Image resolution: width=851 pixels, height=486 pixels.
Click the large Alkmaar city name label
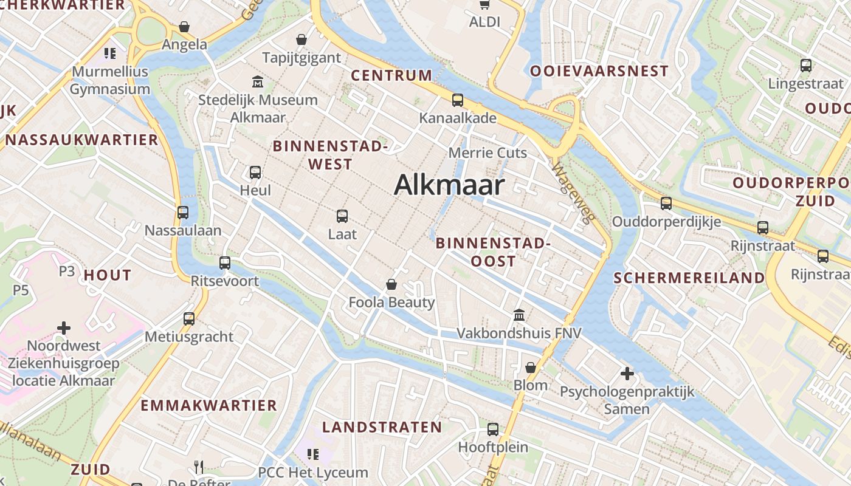coord(449,185)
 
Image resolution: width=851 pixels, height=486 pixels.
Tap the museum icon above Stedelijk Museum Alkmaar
coord(258,81)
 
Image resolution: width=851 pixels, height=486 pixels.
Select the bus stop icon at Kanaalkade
coord(457,100)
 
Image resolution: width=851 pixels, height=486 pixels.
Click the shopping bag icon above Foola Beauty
coord(391,284)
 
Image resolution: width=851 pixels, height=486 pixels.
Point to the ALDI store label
coord(484,22)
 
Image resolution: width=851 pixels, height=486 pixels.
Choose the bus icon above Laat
coord(342,216)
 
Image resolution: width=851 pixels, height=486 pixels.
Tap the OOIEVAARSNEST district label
coord(599,71)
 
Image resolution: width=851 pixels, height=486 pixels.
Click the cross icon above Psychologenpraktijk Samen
coord(627,374)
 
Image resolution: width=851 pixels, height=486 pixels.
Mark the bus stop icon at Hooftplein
coord(493,430)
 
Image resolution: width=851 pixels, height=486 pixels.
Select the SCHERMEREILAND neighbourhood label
coord(689,278)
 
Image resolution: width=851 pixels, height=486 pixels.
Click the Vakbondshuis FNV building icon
coord(519,315)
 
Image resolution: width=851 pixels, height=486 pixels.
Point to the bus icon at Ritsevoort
coord(225,263)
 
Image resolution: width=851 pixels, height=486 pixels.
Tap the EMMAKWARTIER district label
coord(208,405)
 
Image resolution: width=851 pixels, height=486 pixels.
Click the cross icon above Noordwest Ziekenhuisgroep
coord(64,329)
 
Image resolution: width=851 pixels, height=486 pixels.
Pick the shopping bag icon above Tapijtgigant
coord(301,40)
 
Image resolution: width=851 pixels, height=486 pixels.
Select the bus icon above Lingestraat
coord(806,66)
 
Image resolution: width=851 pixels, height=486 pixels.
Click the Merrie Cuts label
coord(488,152)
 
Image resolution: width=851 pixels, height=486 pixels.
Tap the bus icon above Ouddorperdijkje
coord(666,204)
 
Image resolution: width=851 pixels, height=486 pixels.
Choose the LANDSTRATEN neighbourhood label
coord(382,427)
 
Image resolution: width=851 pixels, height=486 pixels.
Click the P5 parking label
coord(21,290)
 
